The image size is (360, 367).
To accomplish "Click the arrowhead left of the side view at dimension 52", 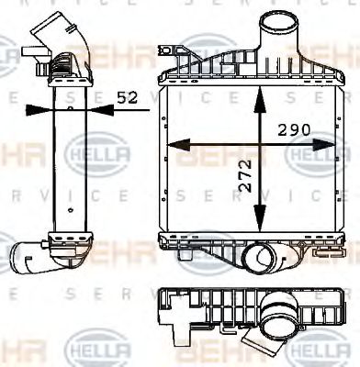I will pyautogui.click(x=35, y=108).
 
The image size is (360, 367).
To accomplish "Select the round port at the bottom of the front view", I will pyautogui.click(x=262, y=261).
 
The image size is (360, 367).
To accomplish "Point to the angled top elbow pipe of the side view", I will pyautogui.click(x=57, y=41).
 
